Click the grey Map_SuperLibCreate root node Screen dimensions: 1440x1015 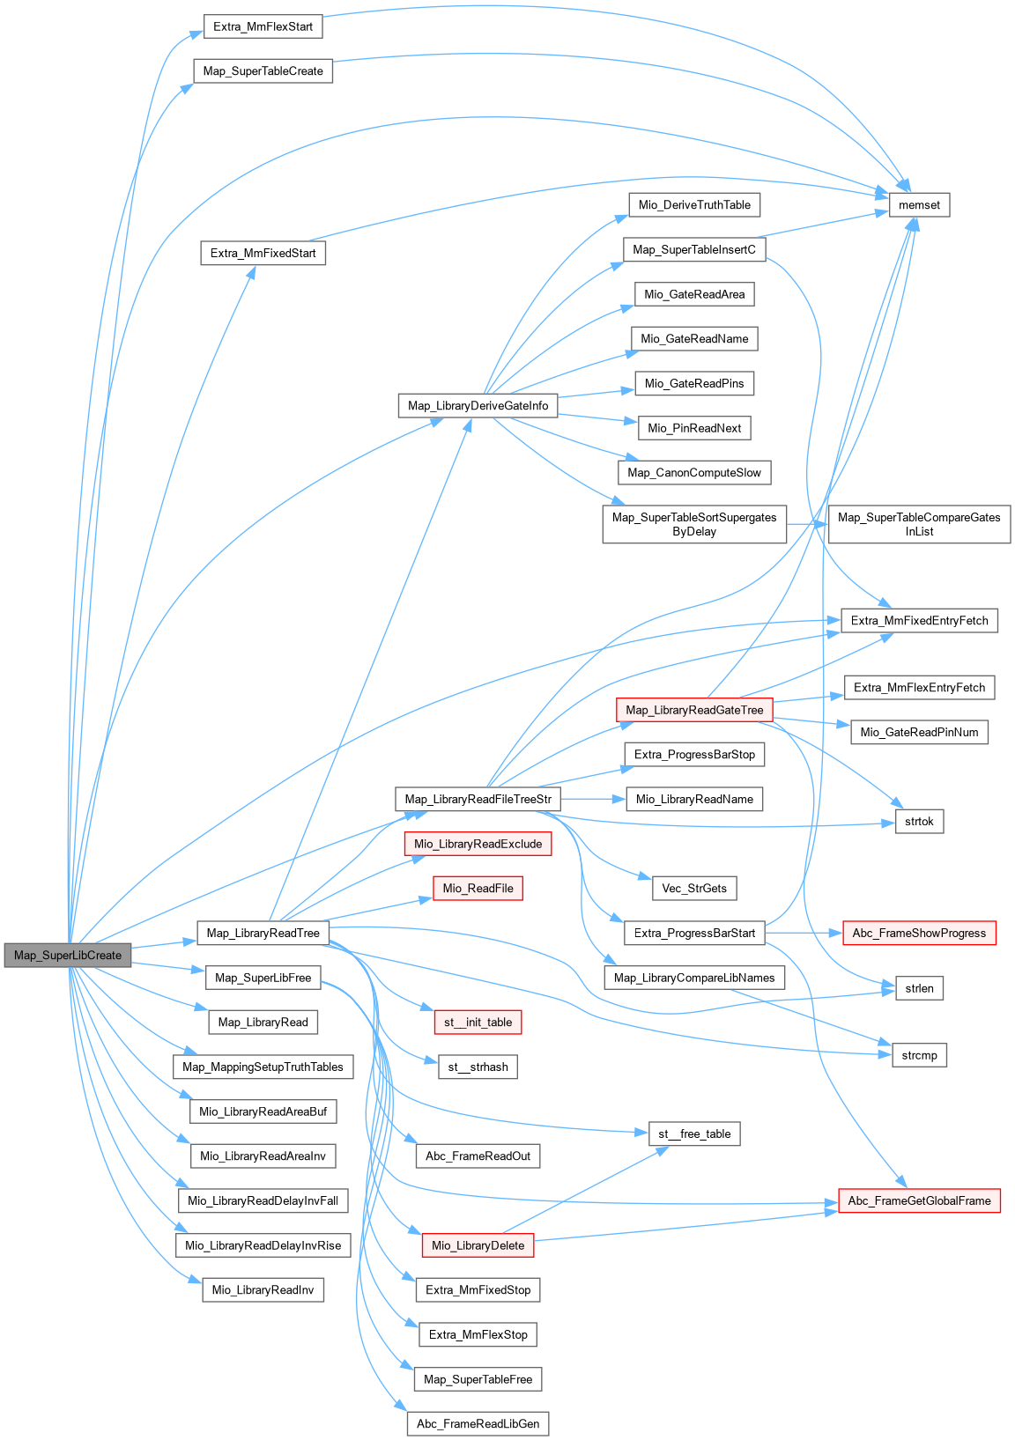tap(68, 956)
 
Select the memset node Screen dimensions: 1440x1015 tap(919, 205)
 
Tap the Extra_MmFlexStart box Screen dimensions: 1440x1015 tap(263, 26)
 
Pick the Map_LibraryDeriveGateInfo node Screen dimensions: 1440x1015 tap(478, 406)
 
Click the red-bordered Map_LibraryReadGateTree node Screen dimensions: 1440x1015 tap(694, 710)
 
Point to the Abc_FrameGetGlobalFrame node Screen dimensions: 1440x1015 tap(919, 1200)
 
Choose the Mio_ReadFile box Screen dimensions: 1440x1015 tap(478, 889)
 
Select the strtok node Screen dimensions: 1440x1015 tap(919, 822)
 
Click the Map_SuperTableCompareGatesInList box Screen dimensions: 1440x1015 tap(919, 524)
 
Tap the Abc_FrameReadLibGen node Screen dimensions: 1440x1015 tap(478, 1424)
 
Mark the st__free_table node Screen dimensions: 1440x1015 tap(694, 1134)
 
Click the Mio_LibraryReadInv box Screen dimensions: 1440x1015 tap(263, 1290)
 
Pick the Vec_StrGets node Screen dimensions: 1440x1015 tap(694, 889)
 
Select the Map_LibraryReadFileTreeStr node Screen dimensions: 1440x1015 tap(478, 800)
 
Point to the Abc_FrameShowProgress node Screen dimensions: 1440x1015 tap(919, 934)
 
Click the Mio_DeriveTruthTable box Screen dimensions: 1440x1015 tap(694, 205)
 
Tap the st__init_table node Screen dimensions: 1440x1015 tap(478, 1023)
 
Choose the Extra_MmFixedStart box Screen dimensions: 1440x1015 tap(263, 254)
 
